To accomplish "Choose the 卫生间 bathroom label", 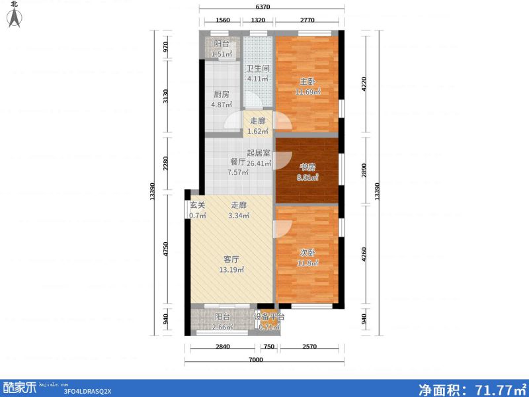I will pos(258,68).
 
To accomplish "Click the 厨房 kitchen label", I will pos(221,94).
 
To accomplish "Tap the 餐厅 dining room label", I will pos(237,162).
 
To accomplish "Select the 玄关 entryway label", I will pos(198,204).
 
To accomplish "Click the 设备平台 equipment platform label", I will pos(270,316).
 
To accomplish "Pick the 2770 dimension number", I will pos(306,21).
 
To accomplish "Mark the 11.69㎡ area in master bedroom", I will pos(308,92).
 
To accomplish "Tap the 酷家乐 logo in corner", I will pos(20,388).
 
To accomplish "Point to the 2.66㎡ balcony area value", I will pos(222,327).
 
